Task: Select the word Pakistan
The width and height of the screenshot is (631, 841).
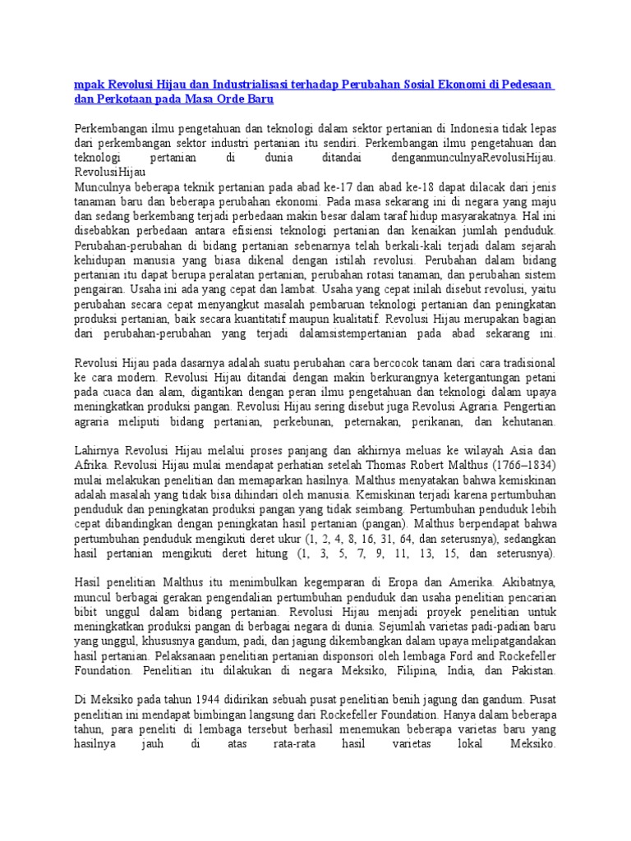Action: (x=528, y=670)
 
